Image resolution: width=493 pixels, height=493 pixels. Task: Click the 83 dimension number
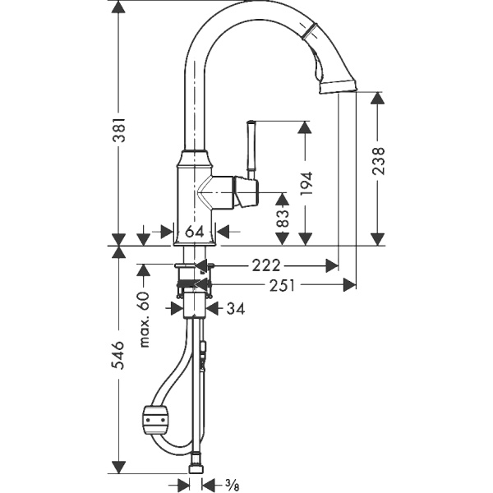(x=282, y=218)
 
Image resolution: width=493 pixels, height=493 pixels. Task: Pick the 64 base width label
(x=194, y=232)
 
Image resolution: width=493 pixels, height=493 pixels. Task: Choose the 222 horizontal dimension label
(x=266, y=265)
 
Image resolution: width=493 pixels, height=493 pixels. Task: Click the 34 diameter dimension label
(x=235, y=308)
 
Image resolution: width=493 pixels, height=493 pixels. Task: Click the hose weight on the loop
(x=155, y=421)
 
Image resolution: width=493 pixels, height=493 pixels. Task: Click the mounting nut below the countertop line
(x=195, y=284)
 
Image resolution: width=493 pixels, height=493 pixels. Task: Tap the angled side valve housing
(x=245, y=192)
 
